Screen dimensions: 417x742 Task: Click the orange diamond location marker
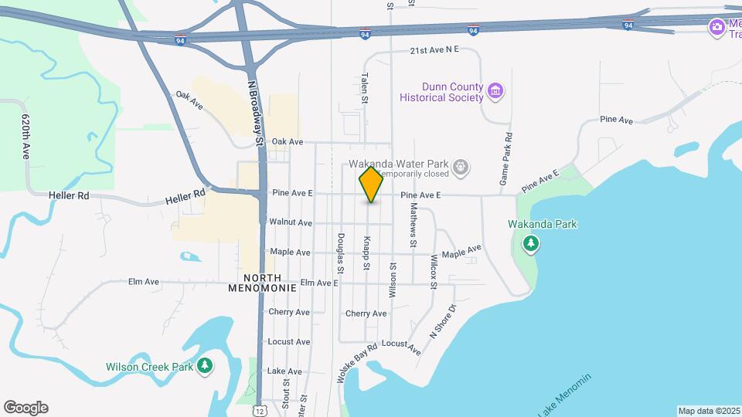(372, 185)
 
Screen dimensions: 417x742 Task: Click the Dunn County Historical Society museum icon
(496, 92)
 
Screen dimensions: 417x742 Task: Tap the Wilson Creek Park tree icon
(205, 366)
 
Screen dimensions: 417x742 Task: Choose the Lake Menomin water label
(564, 396)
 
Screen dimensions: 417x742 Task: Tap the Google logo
(26, 408)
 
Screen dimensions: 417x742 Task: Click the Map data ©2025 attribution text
(709, 411)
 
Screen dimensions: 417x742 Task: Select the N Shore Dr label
(444, 320)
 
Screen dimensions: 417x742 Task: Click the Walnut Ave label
(291, 222)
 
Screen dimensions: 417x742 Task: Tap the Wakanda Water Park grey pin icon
(461, 166)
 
